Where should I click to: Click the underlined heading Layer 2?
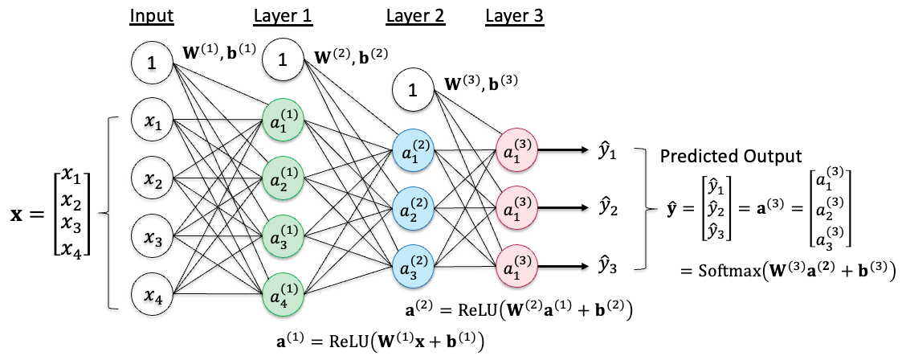pyautogui.click(x=416, y=16)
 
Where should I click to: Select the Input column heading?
pyautogui.click(x=153, y=16)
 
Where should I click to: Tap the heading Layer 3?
pyautogui.click(x=515, y=16)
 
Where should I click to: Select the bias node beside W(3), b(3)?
pyautogui.click(x=413, y=91)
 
